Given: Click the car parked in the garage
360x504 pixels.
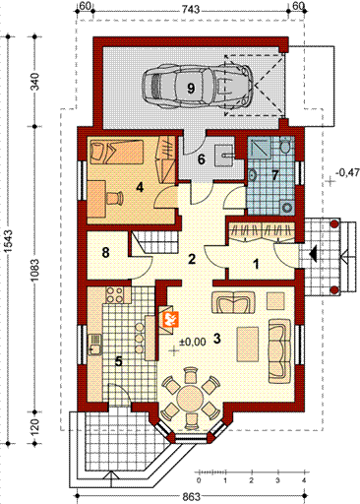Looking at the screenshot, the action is [198, 87].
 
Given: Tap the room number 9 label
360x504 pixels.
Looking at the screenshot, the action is [191, 88].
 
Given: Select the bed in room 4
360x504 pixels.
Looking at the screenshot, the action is [116, 152].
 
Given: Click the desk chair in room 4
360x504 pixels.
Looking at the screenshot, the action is [114, 198].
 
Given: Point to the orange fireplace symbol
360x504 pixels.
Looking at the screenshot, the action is [170, 320].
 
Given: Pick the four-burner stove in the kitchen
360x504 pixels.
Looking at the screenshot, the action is [115, 294].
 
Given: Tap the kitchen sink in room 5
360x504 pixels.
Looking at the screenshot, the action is [95, 345].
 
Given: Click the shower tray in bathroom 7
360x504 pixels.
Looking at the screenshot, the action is [259, 149].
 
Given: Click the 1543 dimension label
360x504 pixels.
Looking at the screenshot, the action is [8, 240].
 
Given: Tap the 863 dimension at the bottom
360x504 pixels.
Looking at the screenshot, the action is [191, 496].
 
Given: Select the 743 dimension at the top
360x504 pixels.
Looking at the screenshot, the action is [191, 9].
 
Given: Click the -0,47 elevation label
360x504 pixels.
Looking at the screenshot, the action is [348, 172].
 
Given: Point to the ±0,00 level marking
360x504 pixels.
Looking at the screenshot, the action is [193, 342].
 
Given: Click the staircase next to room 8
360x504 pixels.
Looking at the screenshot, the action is [154, 242].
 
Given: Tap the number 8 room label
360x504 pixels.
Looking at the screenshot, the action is [105, 253].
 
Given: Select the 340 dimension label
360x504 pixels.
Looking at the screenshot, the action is [34, 82].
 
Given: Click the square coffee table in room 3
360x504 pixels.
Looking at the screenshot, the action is [275, 301].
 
